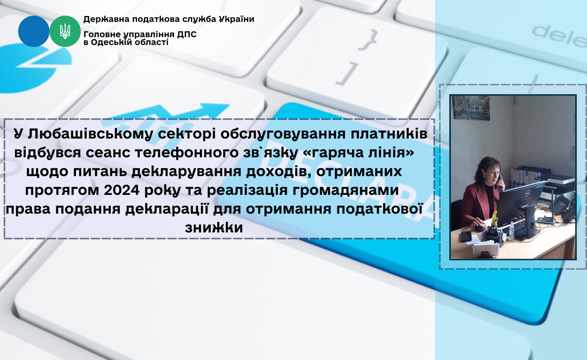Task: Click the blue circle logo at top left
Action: pos(34,31)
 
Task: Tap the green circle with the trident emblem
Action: pos(65,31)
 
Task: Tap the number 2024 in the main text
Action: pos(122,190)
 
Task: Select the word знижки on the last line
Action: pos(214,227)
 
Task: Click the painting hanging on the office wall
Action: pos(471,108)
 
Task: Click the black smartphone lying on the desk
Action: pos(466,237)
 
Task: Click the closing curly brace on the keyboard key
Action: pos(368,40)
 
